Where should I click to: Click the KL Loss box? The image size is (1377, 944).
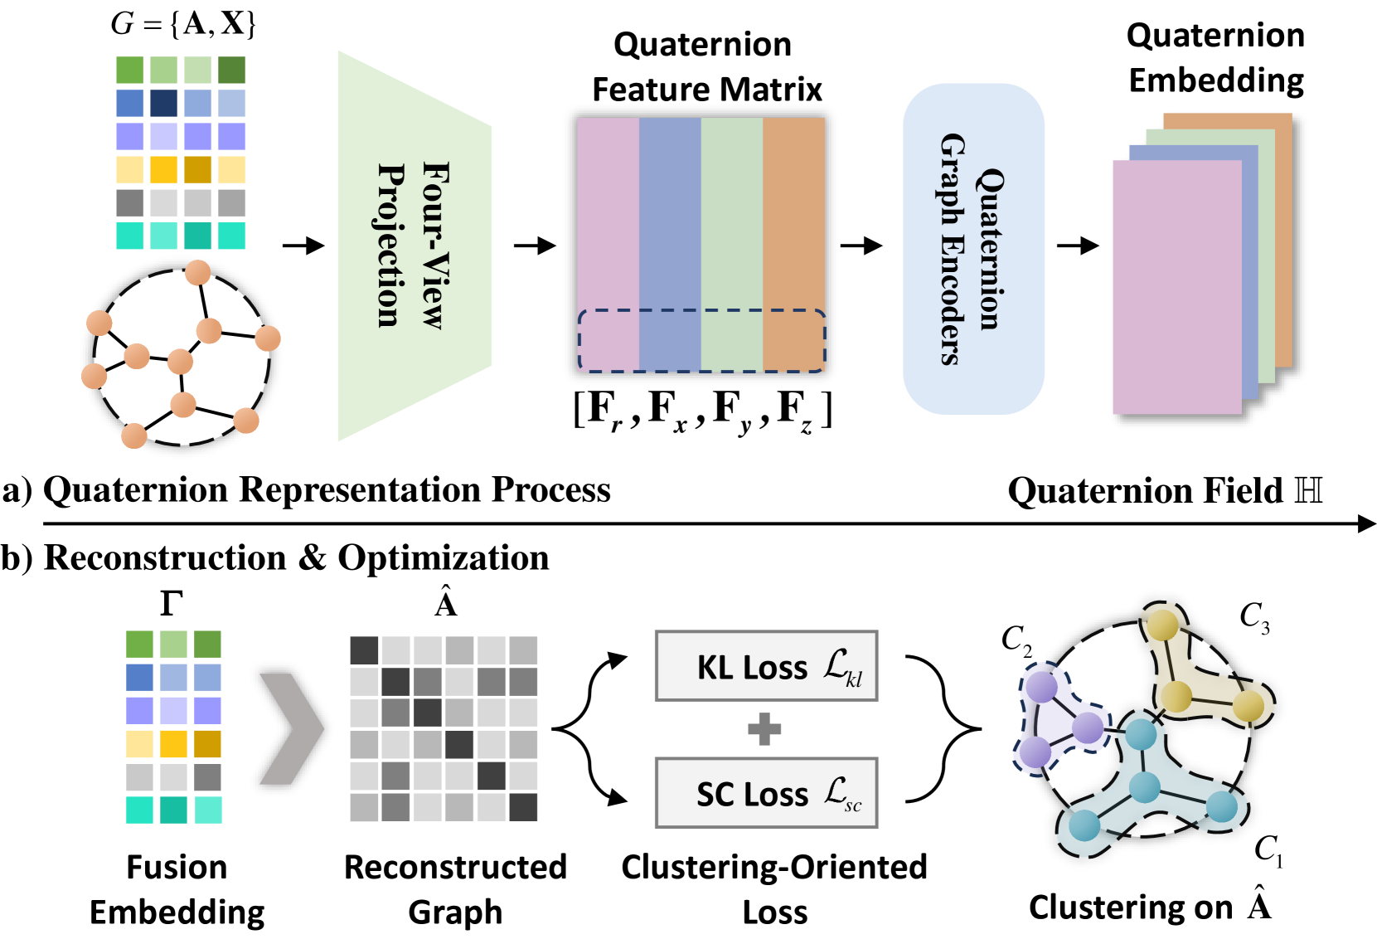pos(766,666)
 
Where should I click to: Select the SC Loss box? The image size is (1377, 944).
pos(766,793)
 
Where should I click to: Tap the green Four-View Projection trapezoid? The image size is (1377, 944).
pos(414,246)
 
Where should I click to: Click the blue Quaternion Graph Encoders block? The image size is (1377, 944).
pos(972,249)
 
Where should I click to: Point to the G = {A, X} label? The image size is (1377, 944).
pos(183,23)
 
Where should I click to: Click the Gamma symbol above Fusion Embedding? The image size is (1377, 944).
pos(172,603)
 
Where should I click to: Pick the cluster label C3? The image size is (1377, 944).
pos(1253,617)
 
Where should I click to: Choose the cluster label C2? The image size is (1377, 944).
pos(1016,640)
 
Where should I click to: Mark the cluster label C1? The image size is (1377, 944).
pos(1268,849)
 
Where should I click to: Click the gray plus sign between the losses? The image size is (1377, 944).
pos(764,729)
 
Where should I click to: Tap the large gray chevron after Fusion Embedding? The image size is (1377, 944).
pos(290,728)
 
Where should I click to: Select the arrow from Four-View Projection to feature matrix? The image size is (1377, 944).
pos(535,246)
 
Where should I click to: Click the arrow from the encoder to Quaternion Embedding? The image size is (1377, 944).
pos(1078,246)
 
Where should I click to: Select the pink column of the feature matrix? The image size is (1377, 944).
pos(608,216)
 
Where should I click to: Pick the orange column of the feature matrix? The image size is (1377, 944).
pos(793,216)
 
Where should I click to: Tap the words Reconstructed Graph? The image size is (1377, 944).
pos(455,889)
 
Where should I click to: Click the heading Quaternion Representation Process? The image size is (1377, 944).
pos(327,489)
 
